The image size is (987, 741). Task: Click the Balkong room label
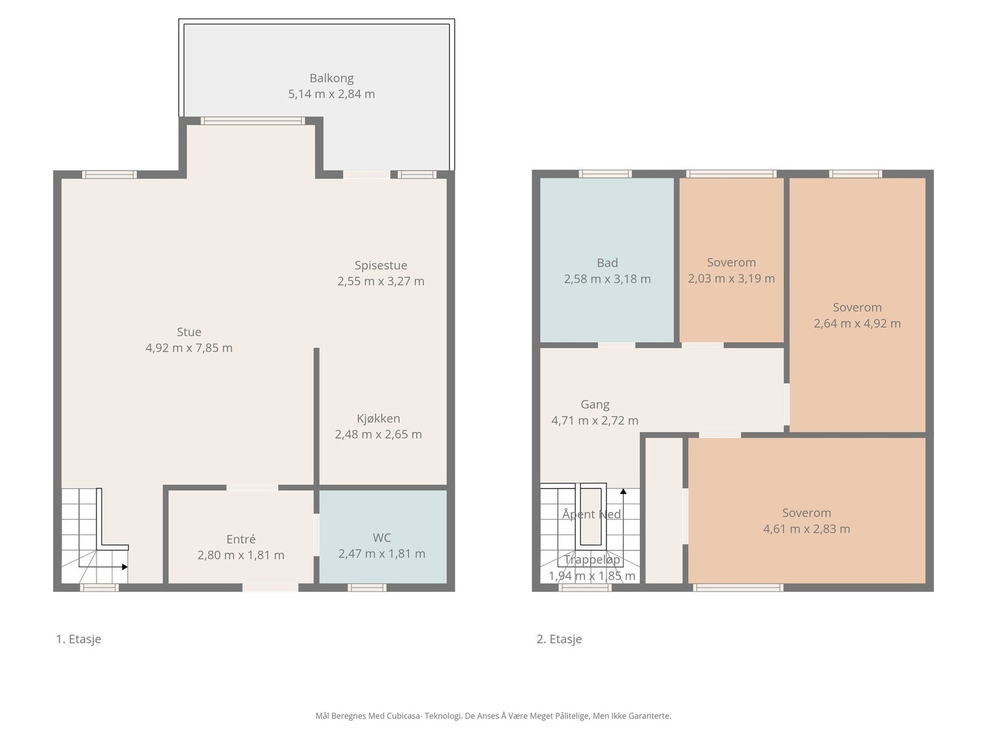tap(331, 78)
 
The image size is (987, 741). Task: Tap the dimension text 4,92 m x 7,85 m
tap(189, 348)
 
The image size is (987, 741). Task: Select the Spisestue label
tap(381, 266)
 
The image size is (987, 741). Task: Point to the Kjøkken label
tap(378, 419)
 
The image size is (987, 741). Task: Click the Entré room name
tap(241, 539)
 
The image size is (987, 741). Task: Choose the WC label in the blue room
tap(382, 538)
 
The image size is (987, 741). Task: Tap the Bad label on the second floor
tap(608, 263)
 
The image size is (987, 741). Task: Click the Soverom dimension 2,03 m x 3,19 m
tap(732, 278)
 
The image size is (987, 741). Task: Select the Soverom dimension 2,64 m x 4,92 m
tap(857, 324)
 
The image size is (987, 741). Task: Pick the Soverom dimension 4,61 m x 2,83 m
tap(807, 529)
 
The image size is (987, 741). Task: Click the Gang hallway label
tap(595, 404)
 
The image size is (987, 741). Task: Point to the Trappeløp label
tap(592, 560)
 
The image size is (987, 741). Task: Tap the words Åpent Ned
tap(592, 514)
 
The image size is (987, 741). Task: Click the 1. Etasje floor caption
tap(79, 639)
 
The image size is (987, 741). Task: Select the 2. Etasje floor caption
tap(559, 639)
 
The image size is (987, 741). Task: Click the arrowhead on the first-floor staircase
tap(125, 567)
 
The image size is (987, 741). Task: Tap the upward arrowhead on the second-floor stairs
tap(623, 492)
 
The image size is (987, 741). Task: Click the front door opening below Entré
tap(270, 588)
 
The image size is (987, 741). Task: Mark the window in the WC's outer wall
tap(367, 588)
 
